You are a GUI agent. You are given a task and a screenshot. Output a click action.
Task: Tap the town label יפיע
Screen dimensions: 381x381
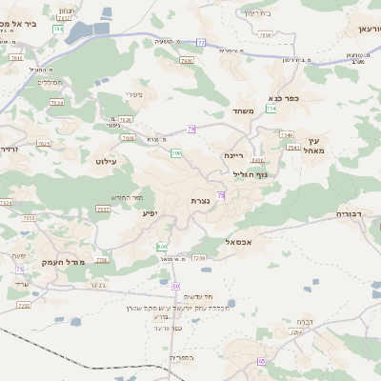(x=150, y=213)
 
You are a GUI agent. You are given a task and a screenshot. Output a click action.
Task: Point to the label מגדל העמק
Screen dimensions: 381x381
(x=64, y=261)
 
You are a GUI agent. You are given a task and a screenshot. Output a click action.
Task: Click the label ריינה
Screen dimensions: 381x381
(x=234, y=154)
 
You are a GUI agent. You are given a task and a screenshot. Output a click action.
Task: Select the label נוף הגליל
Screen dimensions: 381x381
(x=251, y=174)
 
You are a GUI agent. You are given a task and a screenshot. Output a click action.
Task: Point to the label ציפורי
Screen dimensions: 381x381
(x=134, y=95)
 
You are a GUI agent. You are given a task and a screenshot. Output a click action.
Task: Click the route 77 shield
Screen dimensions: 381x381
(x=201, y=42)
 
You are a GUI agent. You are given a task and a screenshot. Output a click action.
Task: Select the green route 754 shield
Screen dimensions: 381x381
(x=272, y=109)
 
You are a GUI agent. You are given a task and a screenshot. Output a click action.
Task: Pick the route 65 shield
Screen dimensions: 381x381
(x=261, y=362)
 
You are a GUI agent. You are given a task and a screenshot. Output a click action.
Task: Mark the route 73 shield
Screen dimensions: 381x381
(x=20, y=270)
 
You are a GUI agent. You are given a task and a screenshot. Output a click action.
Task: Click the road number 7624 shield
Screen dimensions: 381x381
(x=56, y=101)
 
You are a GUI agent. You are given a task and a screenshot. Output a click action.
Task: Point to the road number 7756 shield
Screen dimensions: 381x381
(x=102, y=259)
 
